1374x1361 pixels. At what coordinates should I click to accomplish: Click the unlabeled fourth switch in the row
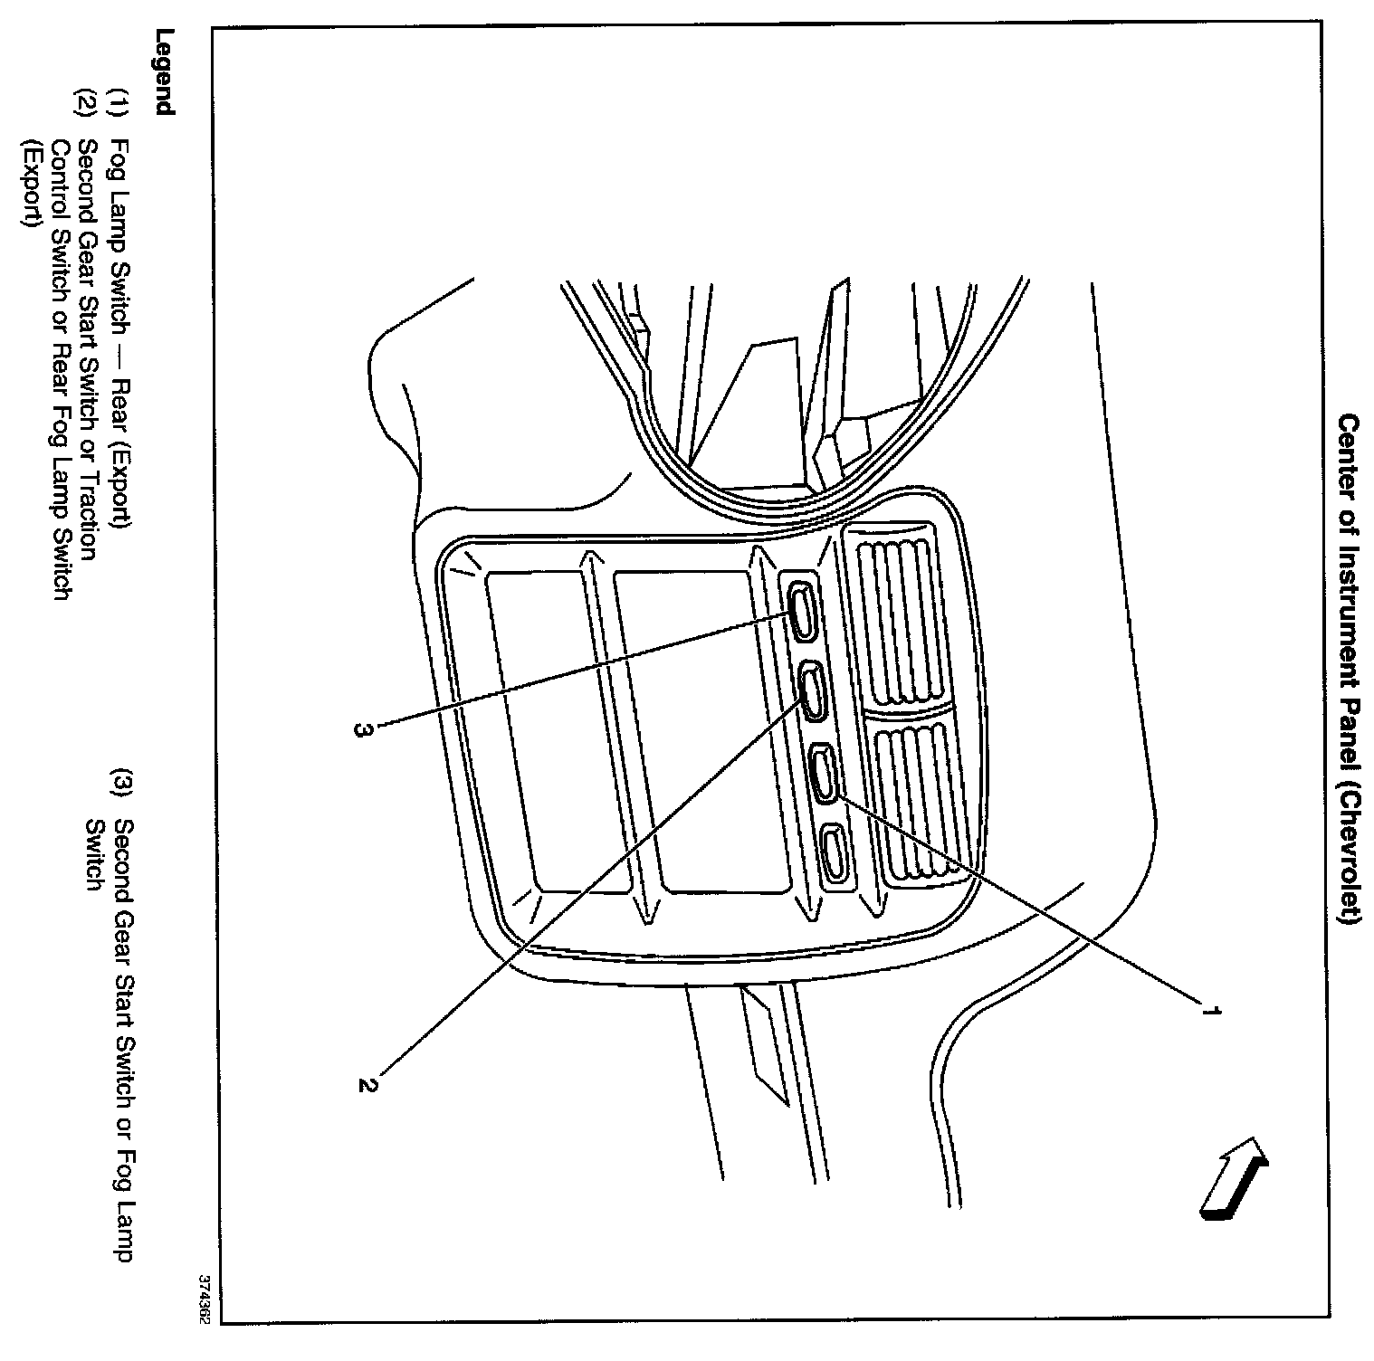tap(834, 852)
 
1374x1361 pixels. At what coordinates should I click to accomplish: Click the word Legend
tap(164, 72)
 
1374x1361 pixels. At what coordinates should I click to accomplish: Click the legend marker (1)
tap(118, 101)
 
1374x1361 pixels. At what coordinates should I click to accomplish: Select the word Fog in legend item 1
tap(118, 157)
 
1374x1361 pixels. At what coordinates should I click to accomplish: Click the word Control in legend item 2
tap(62, 176)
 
